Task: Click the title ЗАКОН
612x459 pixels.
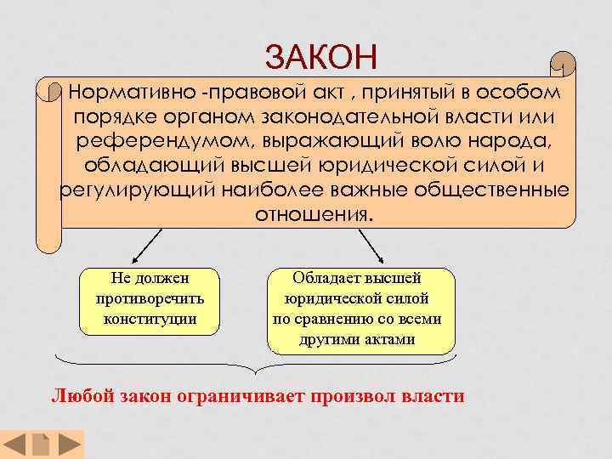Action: coord(320,57)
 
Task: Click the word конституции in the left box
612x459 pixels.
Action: coord(150,319)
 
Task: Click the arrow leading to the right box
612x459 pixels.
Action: coord(371,246)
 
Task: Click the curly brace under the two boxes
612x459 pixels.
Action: coord(255,366)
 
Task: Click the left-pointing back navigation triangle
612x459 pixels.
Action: coord(15,445)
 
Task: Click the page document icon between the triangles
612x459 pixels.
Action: coord(42,445)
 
